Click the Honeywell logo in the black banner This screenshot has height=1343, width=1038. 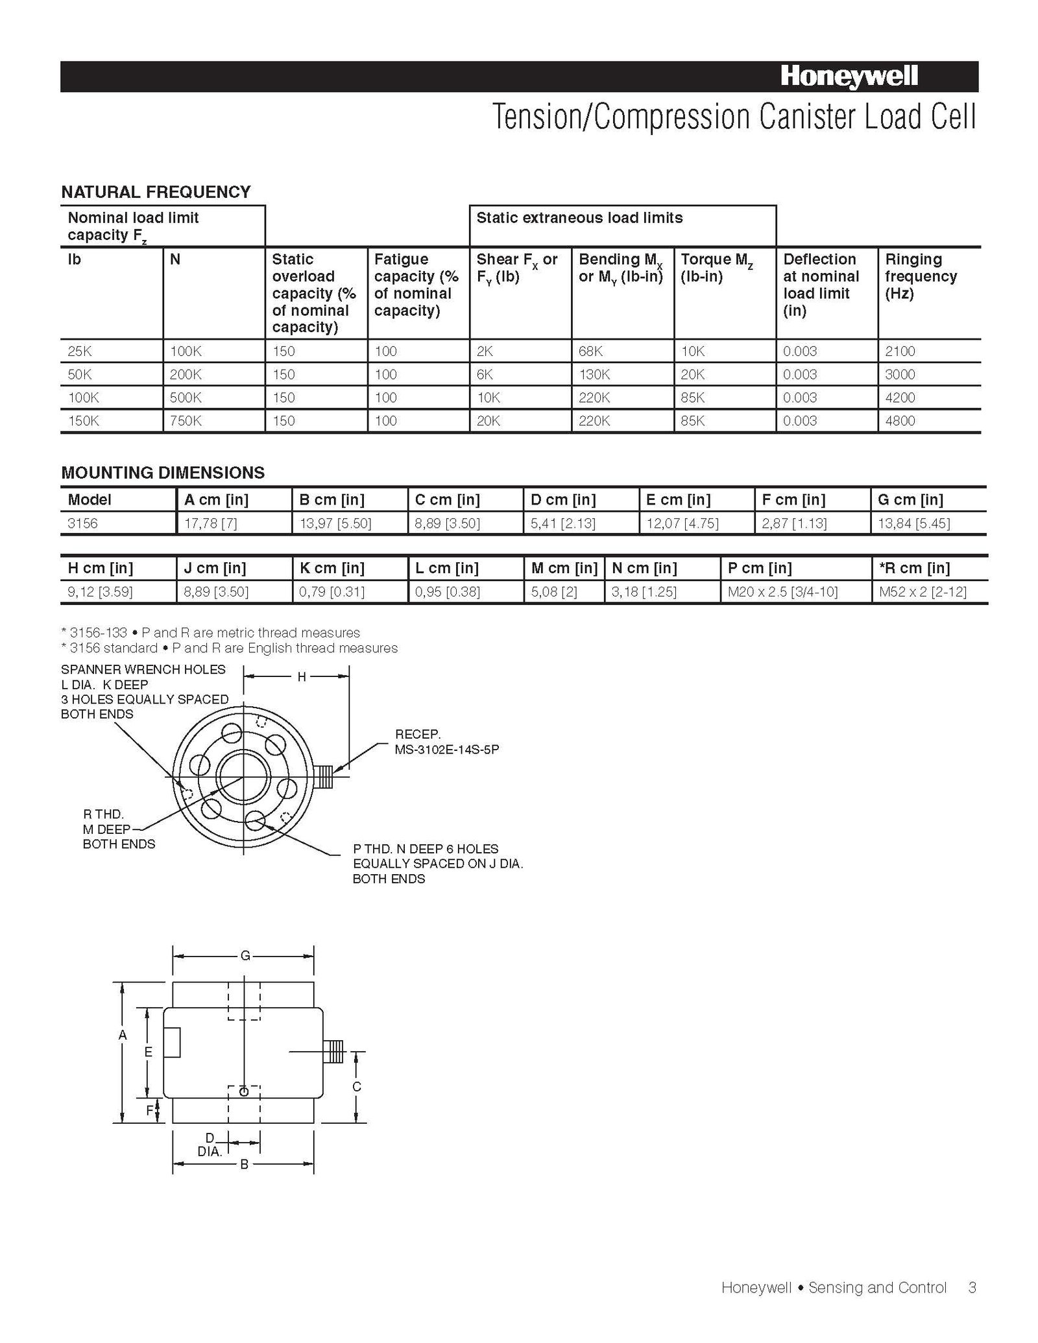click(849, 77)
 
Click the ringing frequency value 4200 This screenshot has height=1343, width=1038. click(900, 398)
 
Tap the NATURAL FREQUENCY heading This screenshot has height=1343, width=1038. click(156, 192)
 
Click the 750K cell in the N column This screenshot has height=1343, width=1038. click(186, 421)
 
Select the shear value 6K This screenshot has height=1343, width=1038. click(485, 375)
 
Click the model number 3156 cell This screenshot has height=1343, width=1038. click(83, 523)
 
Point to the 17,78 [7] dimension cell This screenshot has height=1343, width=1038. click(211, 523)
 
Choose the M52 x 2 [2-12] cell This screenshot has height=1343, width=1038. click(923, 592)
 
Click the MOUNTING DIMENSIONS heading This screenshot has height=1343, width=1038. click(163, 473)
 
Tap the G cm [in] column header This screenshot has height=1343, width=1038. click(910, 500)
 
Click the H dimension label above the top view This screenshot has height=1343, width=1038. click(302, 677)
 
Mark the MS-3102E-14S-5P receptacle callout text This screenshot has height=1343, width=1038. click(447, 750)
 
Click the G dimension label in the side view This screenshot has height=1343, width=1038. click(245, 955)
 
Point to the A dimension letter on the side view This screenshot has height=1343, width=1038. click(123, 1036)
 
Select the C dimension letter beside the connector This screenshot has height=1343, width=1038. click(356, 1086)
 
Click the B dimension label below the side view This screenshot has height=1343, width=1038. click(245, 1164)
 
